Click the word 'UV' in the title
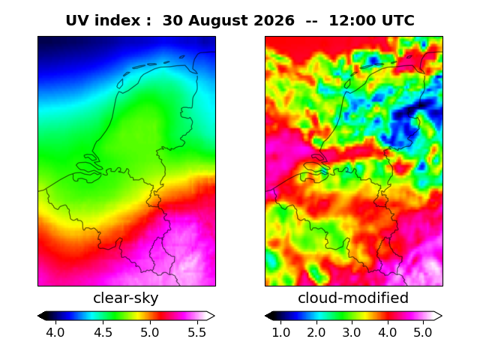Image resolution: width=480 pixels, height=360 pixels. tap(76, 20)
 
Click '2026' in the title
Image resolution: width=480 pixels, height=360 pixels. tap(274, 20)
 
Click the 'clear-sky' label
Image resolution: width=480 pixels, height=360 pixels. tap(126, 298)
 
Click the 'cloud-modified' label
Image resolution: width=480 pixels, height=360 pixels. tap(353, 298)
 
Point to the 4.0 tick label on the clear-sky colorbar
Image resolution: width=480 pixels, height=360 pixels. tap(55, 332)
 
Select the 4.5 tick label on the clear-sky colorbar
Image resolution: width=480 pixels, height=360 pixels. tap(103, 332)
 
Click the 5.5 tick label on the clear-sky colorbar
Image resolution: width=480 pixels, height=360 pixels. tap(197, 332)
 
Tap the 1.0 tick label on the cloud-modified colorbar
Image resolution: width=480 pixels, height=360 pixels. tap(281, 332)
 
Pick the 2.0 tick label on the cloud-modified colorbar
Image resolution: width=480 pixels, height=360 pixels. tap(316, 332)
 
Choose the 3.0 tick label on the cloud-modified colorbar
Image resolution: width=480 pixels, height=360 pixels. tap(352, 332)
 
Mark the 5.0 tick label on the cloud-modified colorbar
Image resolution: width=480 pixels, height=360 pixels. tap(423, 332)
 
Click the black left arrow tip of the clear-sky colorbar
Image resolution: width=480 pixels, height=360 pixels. tap(38, 316)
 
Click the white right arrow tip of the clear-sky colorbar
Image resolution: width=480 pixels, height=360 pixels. tap(214, 316)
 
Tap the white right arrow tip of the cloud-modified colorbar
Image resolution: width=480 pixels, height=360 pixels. tap(442, 316)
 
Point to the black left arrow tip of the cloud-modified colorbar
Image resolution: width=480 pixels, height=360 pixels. tap(265, 316)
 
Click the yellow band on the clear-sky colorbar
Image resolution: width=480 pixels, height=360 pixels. tap(138, 316)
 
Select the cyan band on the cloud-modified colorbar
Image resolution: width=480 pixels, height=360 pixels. tap(319, 316)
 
